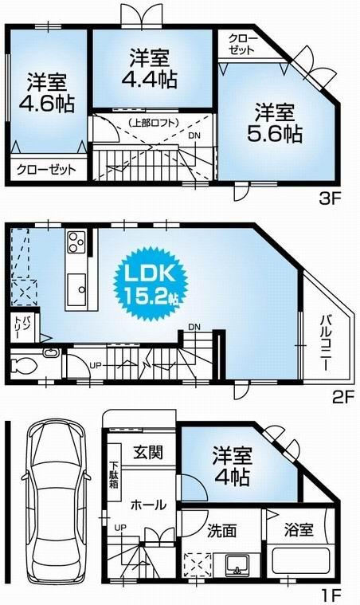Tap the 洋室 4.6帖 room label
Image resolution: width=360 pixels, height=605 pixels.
(x=45, y=93)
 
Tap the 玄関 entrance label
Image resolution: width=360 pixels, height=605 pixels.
(x=147, y=453)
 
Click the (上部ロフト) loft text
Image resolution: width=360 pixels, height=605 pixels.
(x=152, y=122)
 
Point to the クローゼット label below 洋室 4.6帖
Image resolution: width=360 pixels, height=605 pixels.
(x=45, y=169)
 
